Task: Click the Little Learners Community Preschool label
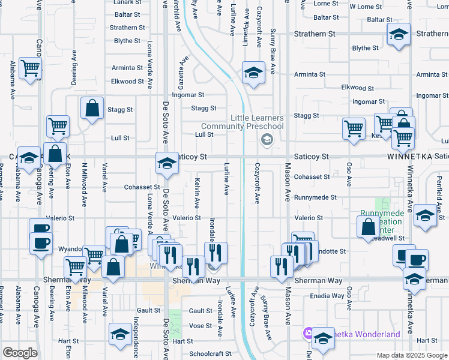tap(242, 122)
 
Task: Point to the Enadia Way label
tap(327, 296)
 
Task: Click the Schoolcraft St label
tap(210, 354)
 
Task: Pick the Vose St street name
tap(200, 325)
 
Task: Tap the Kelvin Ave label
tap(197, 193)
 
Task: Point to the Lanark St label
tap(126, 2)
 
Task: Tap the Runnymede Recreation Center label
tap(378, 222)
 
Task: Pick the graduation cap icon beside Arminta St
tap(253, 73)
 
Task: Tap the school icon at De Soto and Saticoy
tap(166, 163)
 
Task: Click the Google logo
tap(20, 353)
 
